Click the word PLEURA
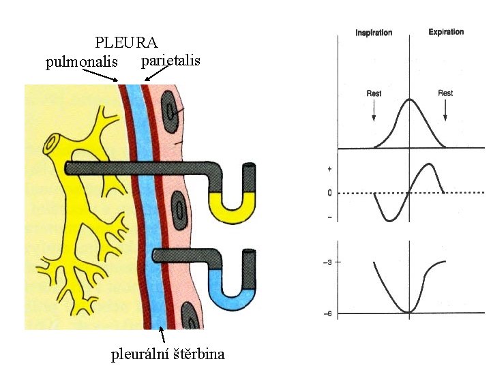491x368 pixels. pos(126,43)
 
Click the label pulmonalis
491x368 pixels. pos(82,63)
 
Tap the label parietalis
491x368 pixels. pos(170,61)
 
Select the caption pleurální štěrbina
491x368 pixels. pos(168,354)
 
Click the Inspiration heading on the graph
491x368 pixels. pos(374,33)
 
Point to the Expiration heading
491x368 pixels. pos(446,32)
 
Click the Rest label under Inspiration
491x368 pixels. pos(374,93)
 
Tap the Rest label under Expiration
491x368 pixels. pos(445,93)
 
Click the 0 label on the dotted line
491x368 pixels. pos(329,193)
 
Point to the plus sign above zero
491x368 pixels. pos(329,168)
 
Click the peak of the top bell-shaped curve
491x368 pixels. pos(409,101)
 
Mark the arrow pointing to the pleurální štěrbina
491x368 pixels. pos(162,335)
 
